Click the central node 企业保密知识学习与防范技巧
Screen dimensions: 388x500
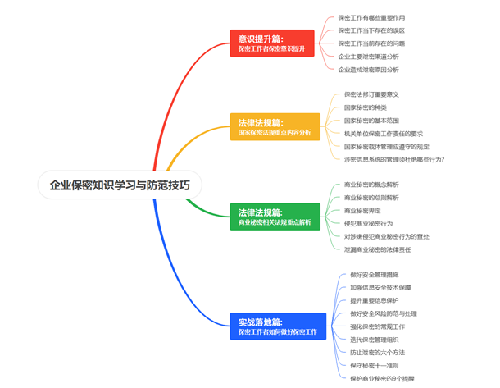120,185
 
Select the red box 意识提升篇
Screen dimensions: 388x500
270,43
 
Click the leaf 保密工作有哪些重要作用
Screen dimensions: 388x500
371,17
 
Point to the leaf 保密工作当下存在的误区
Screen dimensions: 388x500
371,30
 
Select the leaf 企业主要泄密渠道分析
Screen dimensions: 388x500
369,57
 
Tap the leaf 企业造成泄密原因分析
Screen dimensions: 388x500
369,70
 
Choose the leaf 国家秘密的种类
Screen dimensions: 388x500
365,107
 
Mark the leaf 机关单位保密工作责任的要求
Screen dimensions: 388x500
383,133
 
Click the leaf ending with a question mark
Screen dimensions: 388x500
393,159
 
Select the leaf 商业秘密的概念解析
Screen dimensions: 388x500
371,185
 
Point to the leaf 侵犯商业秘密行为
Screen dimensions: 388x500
368,224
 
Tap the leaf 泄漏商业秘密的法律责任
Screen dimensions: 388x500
376,249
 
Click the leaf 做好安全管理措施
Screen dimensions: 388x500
374,275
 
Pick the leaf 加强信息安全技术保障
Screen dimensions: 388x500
380,288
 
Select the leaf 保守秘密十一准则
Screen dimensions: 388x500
374,366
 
